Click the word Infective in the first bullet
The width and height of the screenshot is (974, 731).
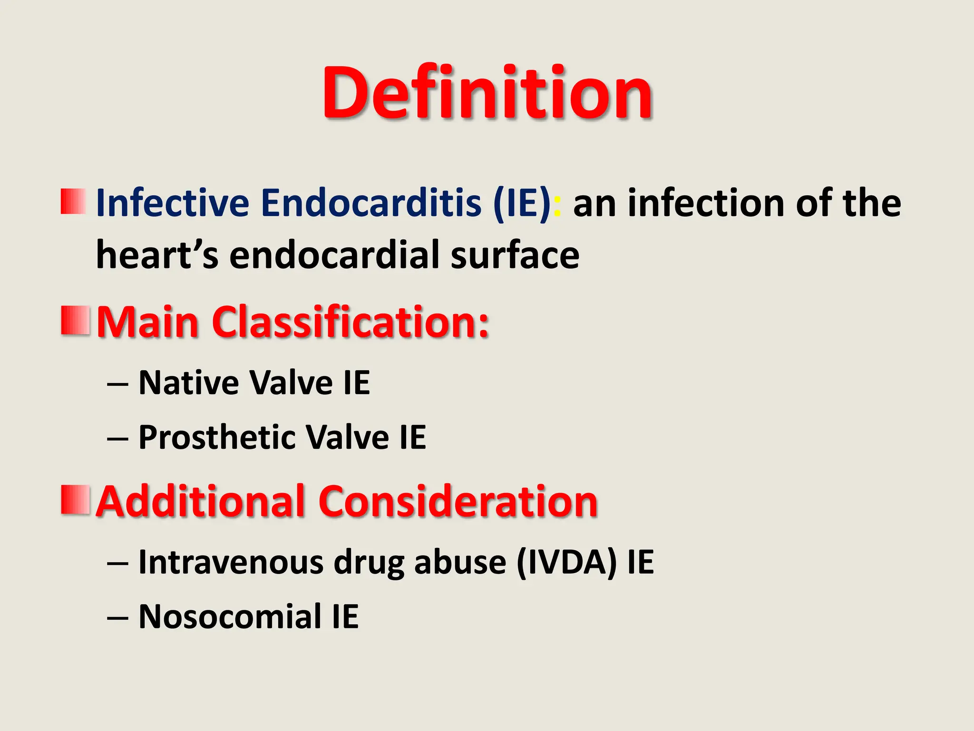tap(172, 203)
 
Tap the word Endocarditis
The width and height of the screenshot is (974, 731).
tap(371, 203)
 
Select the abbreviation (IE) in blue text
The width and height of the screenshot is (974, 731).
tap(522, 203)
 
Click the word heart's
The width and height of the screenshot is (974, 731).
tap(157, 255)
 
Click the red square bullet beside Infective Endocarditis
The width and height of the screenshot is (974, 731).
tap(73, 202)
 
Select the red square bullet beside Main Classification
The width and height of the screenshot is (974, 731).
tap(75, 321)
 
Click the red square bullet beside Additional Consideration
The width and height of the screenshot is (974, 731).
tap(75, 500)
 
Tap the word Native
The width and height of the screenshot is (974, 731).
tap(189, 383)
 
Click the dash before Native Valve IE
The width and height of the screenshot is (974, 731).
tap(117, 384)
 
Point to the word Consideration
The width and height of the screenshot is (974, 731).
tap(458, 502)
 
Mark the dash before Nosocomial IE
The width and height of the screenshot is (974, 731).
tap(117, 618)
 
